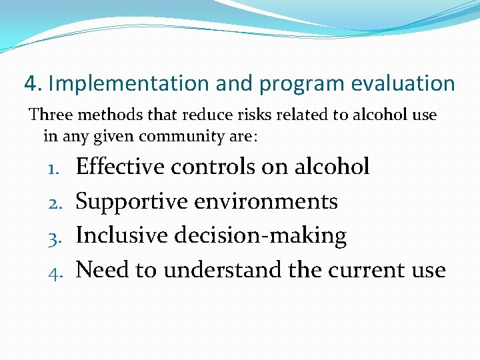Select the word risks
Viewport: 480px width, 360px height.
click(230, 115)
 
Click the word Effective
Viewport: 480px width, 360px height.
click(120, 166)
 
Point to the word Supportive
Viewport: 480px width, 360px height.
click(132, 201)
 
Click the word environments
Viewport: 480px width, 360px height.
click(266, 201)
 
